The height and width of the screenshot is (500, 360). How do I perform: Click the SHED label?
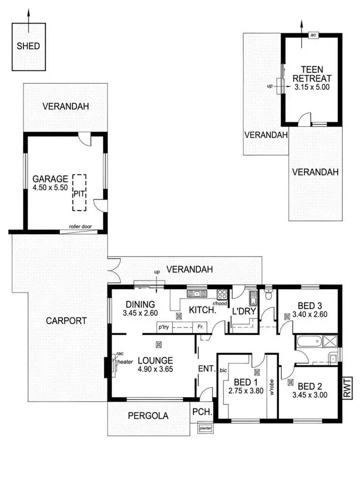click(x=28, y=47)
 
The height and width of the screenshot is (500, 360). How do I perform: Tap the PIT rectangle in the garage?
click(x=79, y=193)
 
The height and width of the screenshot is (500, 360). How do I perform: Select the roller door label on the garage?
click(x=80, y=227)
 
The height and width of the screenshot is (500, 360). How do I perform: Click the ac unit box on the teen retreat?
click(x=313, y=35)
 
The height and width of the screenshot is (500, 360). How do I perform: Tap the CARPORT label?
click(x=67, y=321)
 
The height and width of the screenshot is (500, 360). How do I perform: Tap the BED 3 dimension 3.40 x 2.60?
click(x=310, y=316)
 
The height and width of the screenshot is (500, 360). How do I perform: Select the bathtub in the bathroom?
click(x=307, y=343)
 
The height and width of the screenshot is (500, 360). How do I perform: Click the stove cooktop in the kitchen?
click(x=223, y=294)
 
